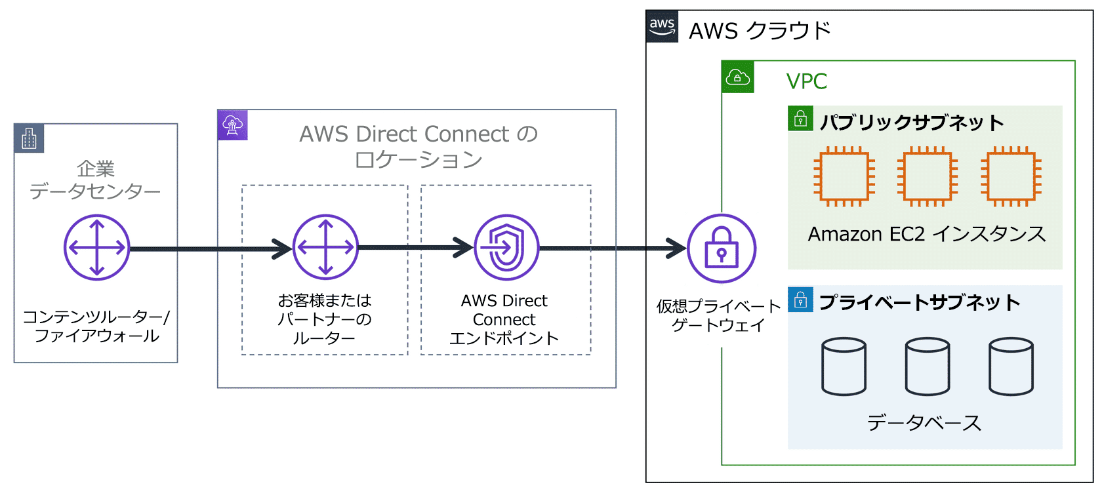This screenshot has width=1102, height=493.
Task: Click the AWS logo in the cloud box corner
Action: pos(662,26)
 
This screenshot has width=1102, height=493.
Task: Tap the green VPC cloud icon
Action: pos(737,77)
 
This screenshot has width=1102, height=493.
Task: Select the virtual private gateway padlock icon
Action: pos(722,248)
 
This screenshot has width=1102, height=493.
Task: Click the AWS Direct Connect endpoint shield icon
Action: pos(506,248)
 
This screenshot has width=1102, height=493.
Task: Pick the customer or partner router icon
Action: pos(325,247)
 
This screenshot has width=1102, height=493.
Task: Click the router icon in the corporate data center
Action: pos(97,248)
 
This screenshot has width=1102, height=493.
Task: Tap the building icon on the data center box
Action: pos(29,138)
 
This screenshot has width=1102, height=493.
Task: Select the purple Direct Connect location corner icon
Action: pos(233,125)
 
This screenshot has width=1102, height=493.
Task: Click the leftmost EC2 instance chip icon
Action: pos(844,176)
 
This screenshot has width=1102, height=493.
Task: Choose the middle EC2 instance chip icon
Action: pos(928,176)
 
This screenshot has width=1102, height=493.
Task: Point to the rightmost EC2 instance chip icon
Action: pos(1011,176)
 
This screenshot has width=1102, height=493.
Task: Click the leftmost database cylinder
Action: pos(844,366)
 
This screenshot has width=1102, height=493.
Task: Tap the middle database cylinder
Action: pos(928,366)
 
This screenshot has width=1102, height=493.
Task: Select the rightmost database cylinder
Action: pos(1011,366)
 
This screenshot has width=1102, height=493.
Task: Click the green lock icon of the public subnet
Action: pos(800,119)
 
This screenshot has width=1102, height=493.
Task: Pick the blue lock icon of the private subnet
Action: pos(800,300)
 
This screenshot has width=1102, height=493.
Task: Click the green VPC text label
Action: pos(807,81)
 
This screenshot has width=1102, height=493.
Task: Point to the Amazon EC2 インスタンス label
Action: pos(926,234)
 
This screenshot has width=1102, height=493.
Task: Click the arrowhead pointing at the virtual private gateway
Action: pos(677,248)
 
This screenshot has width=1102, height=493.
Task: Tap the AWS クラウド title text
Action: pos(760,31)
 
